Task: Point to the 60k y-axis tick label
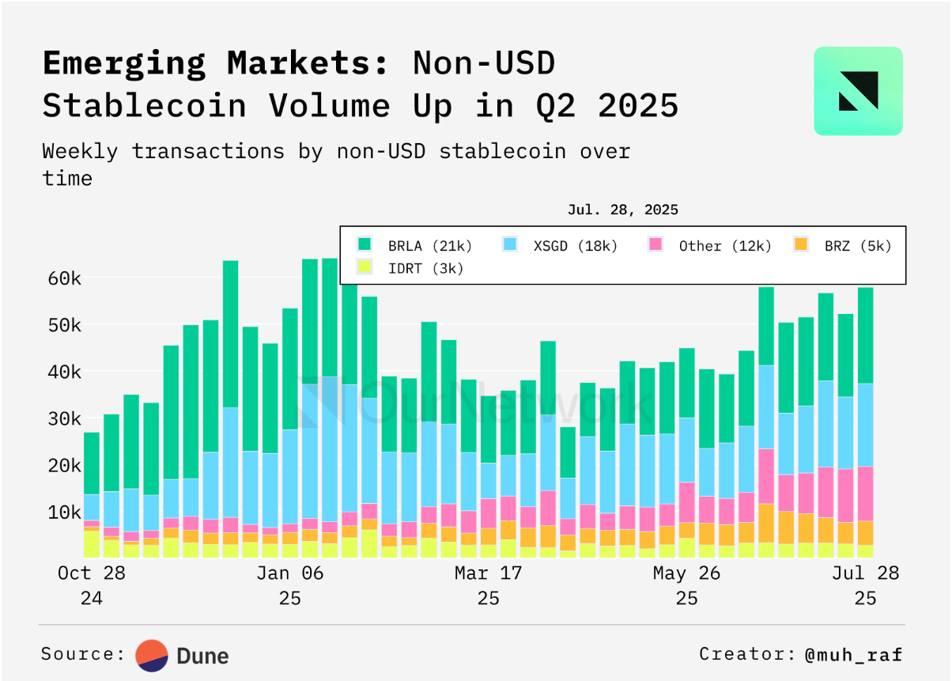pyautogui.click(x=62, y=278)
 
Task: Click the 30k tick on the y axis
pyautogui.click(x=62, y=418)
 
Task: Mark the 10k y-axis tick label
pyautogui.click(x=62, y=512)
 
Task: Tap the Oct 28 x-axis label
pyautogui.click(x=92, y=573)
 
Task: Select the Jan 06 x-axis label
pyautogui.click(x=290, y=573)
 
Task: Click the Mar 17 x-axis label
pyautogui.click(x=489, y=573)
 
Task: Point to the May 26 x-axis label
pyautogui.click(x=686, y=573)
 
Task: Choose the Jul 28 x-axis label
pyautogui.click(x=866, y=573)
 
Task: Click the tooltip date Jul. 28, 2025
pyautogui.click(x=622, y=210)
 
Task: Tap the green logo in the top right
pyautogui.click(x=858, y=91)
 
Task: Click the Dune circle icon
pyautogui.click(x=152, y=655)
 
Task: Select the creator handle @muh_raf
pyautogui.click(x=853, y=654)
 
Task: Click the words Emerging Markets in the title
pyautogui.click(x=215, y=63)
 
